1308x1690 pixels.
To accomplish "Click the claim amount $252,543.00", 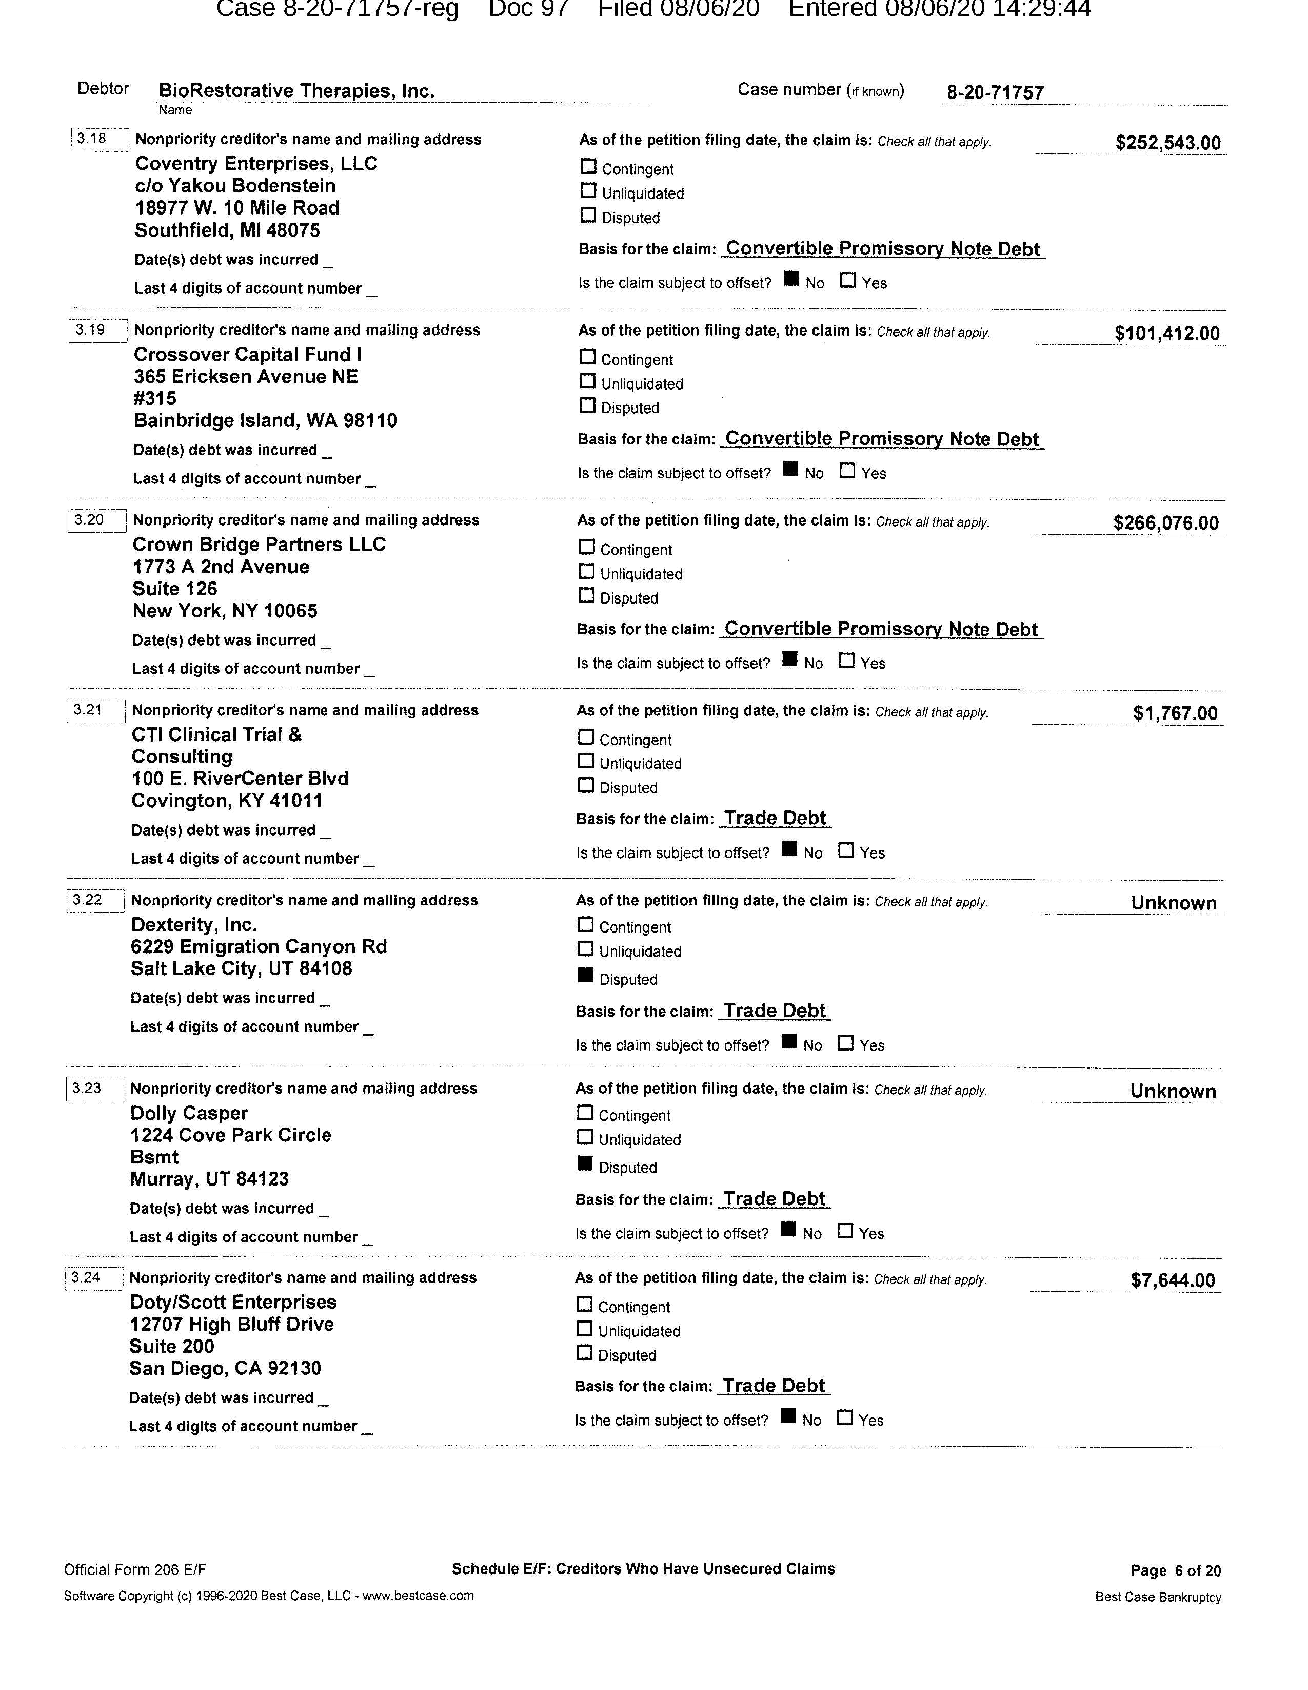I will click(1167, 142).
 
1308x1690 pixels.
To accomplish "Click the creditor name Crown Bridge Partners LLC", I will click(259, 545).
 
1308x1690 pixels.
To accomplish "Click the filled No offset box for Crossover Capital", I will click(790, 469).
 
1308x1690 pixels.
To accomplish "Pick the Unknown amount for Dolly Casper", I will click(1173, 1092).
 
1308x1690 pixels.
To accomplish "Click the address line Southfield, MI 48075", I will click(227, 230).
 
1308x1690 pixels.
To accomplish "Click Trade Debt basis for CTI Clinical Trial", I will click(775, 818).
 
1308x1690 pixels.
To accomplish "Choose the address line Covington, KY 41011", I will click(227, 801).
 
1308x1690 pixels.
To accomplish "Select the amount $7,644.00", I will click(1172, 1280).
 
